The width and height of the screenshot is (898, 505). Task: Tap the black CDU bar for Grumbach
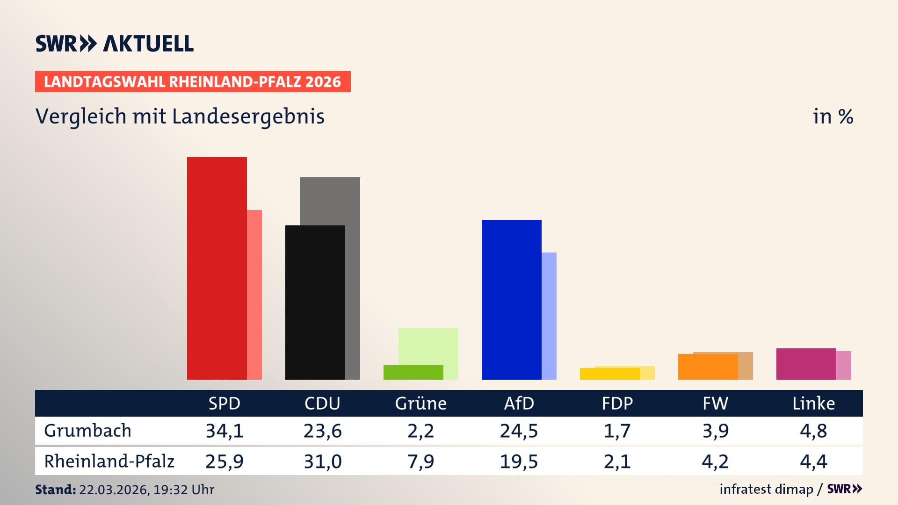coord(315,302)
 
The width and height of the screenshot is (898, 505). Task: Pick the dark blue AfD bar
coord(511,299)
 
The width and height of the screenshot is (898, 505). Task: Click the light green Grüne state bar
coord(428,346)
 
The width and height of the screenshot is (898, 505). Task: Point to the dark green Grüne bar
coord(413,372)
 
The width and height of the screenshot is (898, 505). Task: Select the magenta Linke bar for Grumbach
coord(806,364)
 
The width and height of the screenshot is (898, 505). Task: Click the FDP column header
coord(617,403)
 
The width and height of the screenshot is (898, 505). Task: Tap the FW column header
coord(715,403)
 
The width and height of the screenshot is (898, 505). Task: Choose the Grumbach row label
coord(87,431)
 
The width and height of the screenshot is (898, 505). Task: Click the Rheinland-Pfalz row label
coord(109,462)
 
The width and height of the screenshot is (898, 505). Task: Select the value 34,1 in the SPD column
coord(224,431)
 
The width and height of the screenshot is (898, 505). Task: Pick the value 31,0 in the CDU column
coord(323,462)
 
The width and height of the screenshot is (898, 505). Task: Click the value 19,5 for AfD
coord(519,462)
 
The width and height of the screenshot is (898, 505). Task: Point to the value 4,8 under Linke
coord(813,431)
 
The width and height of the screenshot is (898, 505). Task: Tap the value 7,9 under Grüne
coord(420,462)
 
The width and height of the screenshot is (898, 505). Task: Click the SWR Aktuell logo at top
coord(115,43)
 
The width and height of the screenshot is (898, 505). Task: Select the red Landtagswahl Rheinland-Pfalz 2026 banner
coord(193,82)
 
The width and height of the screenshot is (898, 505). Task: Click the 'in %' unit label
coord(833,116)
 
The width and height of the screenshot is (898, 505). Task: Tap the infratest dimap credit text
coord(766,489)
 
